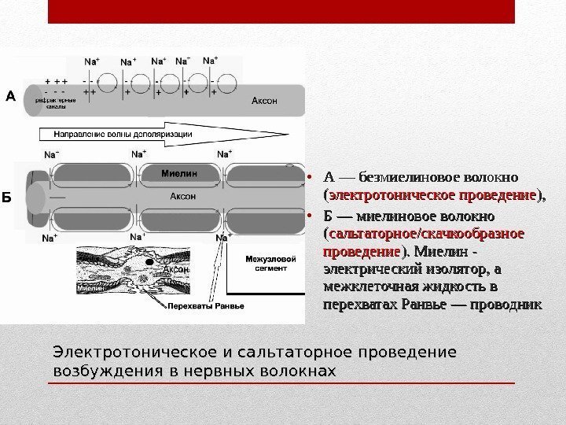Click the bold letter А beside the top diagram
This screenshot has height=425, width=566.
[10, 97]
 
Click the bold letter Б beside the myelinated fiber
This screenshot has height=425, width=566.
[6, 197]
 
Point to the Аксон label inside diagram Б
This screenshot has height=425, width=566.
[182, 195]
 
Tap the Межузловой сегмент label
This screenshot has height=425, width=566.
[270, 263]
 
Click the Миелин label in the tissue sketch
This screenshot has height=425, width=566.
[90, 288]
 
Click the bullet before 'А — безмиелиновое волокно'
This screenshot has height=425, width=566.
[311, 175]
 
